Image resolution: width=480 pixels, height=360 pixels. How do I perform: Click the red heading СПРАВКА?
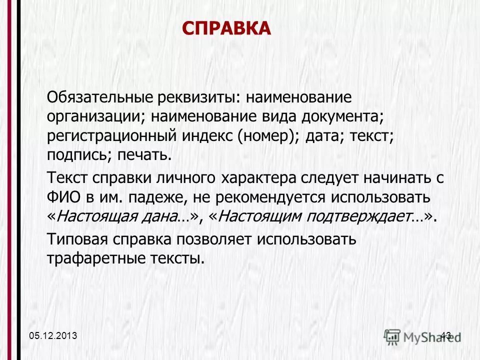(x=225, y=28)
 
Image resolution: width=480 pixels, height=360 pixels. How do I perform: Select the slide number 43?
(x=446, y=335)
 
